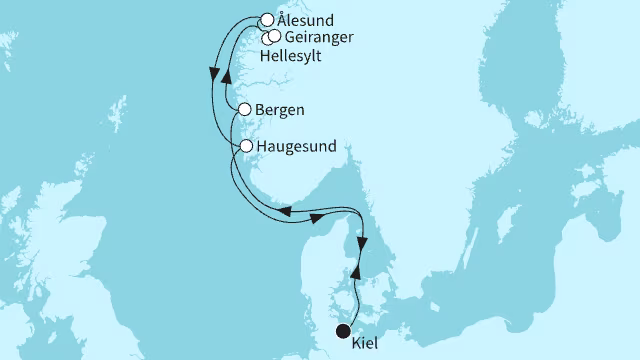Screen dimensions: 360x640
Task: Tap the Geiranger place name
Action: point(318,38)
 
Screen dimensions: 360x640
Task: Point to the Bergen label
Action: point(280,109)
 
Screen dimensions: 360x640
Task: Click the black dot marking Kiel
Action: point(343,332)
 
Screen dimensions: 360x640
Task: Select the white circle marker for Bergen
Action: point(246,109)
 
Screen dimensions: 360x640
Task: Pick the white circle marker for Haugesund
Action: point(246,147)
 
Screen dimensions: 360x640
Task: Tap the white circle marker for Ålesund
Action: point(267,19)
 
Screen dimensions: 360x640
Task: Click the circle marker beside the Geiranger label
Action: point(274,36)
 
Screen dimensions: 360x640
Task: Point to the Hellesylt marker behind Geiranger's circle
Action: point(265,38)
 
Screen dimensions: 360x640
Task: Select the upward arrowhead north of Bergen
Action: point(225,82)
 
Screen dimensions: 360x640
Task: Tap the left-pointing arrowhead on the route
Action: point(284,211)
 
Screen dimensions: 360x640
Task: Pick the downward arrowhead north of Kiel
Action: point(363,244)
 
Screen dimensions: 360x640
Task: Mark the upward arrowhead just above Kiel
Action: point(357,272)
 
